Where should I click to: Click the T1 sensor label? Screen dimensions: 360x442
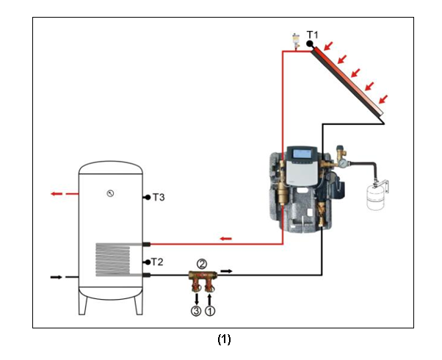(313, 35)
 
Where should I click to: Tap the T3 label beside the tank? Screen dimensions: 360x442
(159, 198)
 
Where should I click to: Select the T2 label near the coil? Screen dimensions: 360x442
(157, 262)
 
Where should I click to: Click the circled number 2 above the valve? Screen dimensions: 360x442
(202, 263)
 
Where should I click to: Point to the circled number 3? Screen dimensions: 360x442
(196, 311)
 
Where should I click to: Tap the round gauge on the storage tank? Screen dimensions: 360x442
(109, 194)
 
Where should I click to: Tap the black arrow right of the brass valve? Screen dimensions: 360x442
(228, 271)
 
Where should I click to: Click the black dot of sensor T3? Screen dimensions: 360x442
(148, 198)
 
